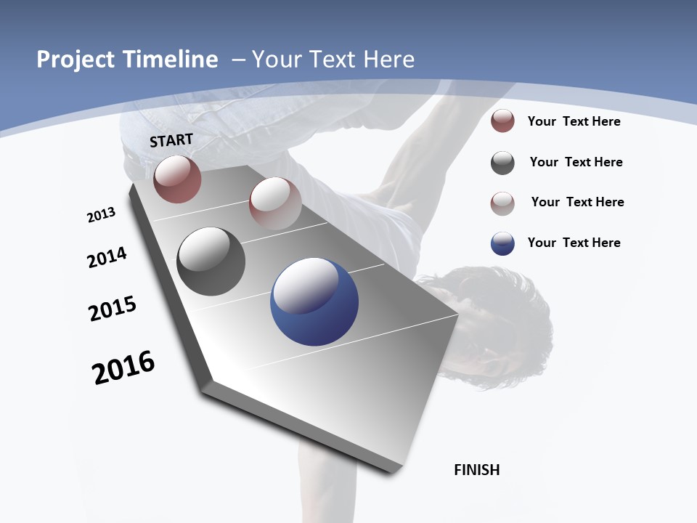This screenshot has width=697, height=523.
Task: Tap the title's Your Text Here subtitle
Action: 333,60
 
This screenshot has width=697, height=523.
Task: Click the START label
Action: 171,140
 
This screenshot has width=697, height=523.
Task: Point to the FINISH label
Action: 477,470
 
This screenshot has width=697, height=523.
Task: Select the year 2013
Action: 101,215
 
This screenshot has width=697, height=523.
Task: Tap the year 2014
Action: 107,257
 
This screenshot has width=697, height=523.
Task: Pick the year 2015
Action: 113,309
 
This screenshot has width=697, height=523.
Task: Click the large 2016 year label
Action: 123,368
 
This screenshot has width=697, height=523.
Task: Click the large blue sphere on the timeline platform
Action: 314,301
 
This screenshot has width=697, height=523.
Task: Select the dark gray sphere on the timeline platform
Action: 211,261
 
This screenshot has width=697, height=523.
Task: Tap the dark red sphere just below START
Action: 177,179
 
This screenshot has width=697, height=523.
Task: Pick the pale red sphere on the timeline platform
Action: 275,203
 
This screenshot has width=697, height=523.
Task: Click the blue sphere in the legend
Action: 502,243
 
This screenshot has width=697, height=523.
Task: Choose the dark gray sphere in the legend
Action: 502,163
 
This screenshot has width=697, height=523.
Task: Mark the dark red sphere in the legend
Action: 502,121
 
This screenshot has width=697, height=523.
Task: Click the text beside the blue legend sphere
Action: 574,243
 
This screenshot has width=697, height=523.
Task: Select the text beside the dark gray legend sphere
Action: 576,162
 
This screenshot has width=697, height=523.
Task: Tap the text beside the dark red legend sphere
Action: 574,121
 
